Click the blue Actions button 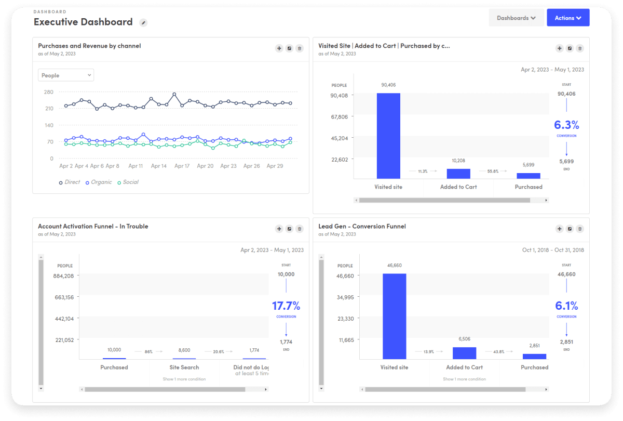568,18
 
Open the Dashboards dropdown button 516,18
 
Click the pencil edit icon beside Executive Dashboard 144,22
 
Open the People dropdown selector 66,75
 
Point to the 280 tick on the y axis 49,92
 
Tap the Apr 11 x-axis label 136,166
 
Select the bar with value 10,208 458,174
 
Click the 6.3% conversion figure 566,125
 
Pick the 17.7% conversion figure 286,305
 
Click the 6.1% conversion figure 566,305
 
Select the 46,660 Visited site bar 394,316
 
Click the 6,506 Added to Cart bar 464,353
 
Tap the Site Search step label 184,367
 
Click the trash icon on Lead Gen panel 580,229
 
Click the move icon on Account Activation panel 279,229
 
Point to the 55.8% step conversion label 493,170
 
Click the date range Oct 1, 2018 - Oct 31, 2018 553,250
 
